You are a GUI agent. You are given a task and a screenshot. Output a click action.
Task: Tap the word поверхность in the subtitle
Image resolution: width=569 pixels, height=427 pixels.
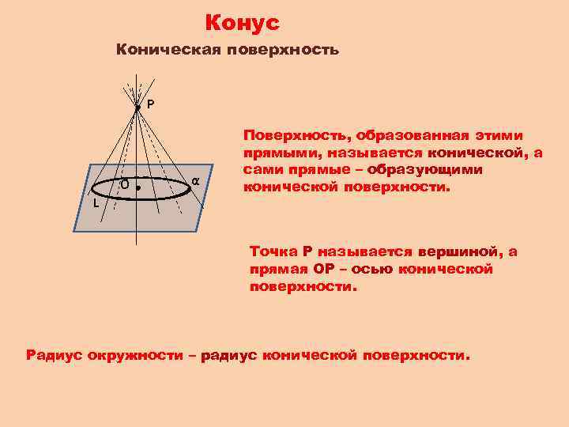click(282, 50)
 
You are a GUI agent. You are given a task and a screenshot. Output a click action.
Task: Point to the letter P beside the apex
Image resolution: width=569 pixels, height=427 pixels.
click(150, 104)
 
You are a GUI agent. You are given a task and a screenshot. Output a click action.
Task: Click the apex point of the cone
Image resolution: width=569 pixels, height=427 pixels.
click(137, 108)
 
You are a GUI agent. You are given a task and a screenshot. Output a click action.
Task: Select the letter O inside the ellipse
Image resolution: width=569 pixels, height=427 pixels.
click(125, 184)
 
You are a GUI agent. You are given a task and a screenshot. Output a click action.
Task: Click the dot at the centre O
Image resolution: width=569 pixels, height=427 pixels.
click(138, 190)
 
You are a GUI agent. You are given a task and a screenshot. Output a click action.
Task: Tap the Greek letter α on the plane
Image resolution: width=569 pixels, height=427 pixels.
click(194, 182)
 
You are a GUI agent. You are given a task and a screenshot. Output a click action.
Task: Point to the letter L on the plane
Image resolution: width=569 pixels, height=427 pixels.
click(95, 203)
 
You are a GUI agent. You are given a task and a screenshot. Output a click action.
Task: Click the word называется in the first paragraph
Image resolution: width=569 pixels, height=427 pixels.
click(382, 153)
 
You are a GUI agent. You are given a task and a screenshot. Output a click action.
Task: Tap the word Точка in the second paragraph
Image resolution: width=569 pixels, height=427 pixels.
click(273, 251)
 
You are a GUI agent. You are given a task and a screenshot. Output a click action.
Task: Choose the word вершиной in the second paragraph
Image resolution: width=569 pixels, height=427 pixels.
click(459, 251)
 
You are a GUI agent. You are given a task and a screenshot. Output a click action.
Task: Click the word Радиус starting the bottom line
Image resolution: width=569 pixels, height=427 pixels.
click(55, 355)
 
